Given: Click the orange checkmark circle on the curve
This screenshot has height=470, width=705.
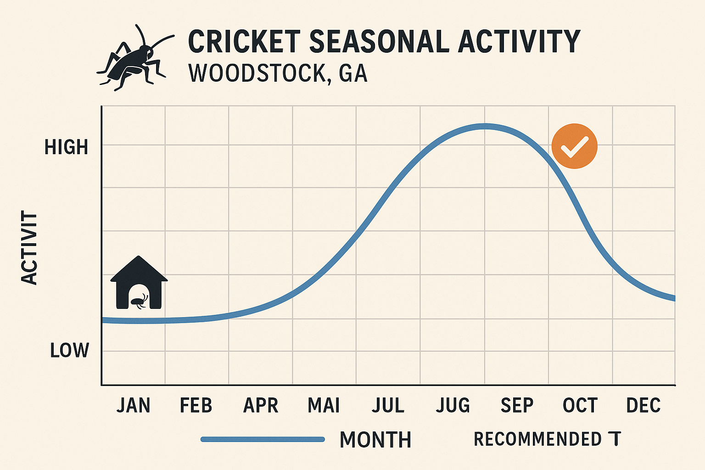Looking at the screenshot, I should click(574, 146).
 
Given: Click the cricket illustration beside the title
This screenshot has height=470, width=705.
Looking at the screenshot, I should click(134, 57).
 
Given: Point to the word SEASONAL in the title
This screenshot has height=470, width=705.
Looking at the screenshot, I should click(379, 42).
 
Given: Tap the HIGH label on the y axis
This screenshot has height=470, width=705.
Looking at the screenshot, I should click(66, 147).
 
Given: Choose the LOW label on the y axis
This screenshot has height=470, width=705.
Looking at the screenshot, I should click(69, 351).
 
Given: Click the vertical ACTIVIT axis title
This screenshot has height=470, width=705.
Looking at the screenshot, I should click(29, 248).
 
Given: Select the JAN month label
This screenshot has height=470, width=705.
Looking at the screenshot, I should click(133, 406).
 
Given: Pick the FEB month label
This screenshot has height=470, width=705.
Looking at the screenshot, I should click(196, 406).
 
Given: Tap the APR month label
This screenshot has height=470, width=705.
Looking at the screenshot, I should click(261, 406).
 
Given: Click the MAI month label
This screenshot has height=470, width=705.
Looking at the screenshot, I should click(324, 406).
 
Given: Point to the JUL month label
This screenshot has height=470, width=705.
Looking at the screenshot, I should click(388, 406).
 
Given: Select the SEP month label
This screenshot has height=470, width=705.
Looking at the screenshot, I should click(517, 406).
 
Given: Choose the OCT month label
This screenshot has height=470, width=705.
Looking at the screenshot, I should click(580, 406).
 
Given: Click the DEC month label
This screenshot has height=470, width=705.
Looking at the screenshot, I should click(643, 406).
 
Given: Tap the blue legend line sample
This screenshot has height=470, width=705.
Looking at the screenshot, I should click(263, 440).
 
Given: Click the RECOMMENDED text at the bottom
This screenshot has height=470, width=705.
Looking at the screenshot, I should click(537, 439).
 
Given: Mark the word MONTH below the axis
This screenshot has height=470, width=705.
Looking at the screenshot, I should click(375, 440).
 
